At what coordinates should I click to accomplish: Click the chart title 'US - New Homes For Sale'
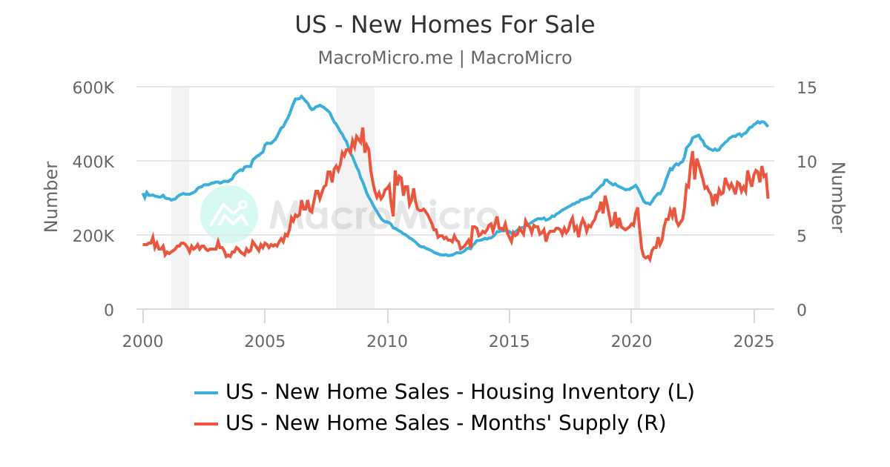click(x=445, y=25)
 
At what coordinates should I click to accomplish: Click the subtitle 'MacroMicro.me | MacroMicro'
click(x=445, y=58)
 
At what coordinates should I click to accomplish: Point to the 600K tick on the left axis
click(x=93, y=87)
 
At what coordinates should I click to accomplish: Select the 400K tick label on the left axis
click(x=93, y=162)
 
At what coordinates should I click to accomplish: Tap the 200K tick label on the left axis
click(x=93, y=236)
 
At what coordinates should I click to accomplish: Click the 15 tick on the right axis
click(x=806, y=87)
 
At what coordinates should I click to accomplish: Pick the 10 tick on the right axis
click(x=806, y=162)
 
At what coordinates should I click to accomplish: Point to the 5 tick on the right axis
click(x=802, y=236)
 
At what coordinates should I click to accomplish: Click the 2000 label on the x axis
click(x=143, y=341)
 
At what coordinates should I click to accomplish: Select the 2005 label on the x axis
click(x=265, y=341)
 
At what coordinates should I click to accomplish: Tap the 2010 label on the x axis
click(x=387, y=341)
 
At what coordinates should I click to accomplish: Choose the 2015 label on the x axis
click(x=509, y=341)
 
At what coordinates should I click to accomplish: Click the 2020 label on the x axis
click(x=631, y=341)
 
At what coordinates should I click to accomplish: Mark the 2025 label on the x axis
click(x=754, y=341)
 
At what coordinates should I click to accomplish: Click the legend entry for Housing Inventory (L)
click(x=445, y=391)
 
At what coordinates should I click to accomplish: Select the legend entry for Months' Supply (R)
click(x=431, y=423)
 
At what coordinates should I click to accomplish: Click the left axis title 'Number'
click(x=51, y=196)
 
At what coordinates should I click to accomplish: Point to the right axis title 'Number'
click(x=837, y=197)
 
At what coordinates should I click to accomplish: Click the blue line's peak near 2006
click(x=301, y=96)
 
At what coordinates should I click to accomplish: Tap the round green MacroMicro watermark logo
click(x=229, y=214)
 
